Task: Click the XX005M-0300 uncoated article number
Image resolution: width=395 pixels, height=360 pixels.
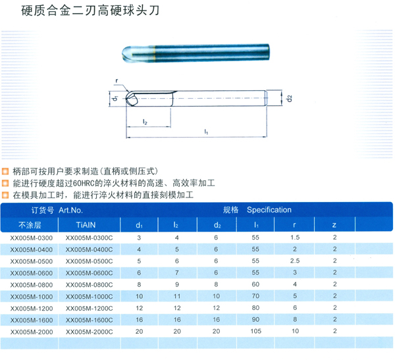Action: click(x=32, y=238)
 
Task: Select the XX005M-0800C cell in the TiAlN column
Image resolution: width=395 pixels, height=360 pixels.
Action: click(x=89, y=285)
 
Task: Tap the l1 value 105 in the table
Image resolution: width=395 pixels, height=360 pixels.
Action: click(x=255, y=331)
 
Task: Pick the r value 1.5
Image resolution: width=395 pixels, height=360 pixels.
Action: click(x=295, y=238)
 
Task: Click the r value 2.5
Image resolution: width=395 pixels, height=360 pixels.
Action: click(x=295, y=261)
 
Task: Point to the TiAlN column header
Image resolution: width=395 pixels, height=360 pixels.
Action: click(x=86, y=225)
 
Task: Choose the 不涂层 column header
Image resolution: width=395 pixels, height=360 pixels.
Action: click(x=30, y=225)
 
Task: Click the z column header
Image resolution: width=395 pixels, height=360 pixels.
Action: click(x=334, y=225)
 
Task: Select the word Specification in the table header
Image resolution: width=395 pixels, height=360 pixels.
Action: click(x=269, y=210)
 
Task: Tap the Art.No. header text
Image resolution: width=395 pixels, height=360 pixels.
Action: click(x=70, y=210)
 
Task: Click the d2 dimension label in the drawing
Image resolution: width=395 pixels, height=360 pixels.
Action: click(x=289, y=98)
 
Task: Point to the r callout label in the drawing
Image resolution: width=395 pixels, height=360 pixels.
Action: click(x=117, y=80)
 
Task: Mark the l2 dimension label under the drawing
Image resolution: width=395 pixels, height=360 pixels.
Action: click(x=145, y=122)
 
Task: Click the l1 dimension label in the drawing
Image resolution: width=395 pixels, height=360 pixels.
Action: click(x=206, y=132)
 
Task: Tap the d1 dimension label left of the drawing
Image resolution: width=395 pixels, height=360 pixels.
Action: click(x=115, y=98)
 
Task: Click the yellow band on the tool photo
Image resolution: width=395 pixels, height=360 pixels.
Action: click(x=153, y=53)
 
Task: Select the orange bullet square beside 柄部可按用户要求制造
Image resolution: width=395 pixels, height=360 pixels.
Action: click(x=5, y=172)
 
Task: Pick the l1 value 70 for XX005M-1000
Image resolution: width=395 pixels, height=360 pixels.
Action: click(x=255, y=296)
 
